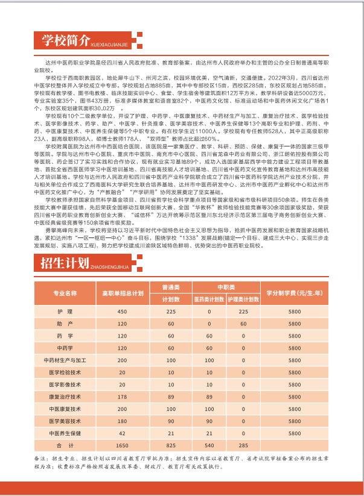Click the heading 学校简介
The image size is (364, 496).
pos(67,41)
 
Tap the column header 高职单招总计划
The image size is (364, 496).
pos(123,293)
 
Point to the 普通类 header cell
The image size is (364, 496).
pos(171,287)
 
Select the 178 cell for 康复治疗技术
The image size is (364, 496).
pos(123,397)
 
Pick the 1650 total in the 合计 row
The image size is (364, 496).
pos(123,445)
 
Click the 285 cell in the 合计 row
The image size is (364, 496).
pos(244,445)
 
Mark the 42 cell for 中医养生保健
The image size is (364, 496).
pos(123,433)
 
